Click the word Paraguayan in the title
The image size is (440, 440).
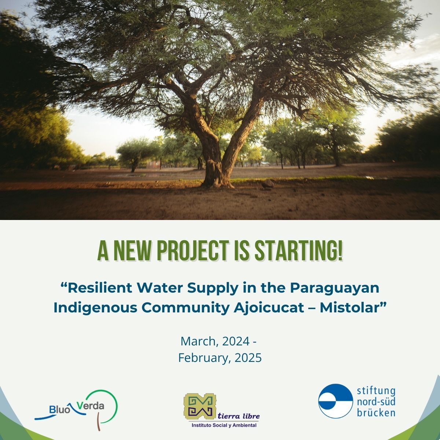[334, 288]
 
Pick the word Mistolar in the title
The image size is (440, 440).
[351, 307]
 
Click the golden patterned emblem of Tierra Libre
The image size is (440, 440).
[198, 406]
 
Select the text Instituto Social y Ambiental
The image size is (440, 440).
[224, 425]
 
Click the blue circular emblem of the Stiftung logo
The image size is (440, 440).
[333, 401]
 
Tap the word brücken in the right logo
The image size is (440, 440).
[376, 412]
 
